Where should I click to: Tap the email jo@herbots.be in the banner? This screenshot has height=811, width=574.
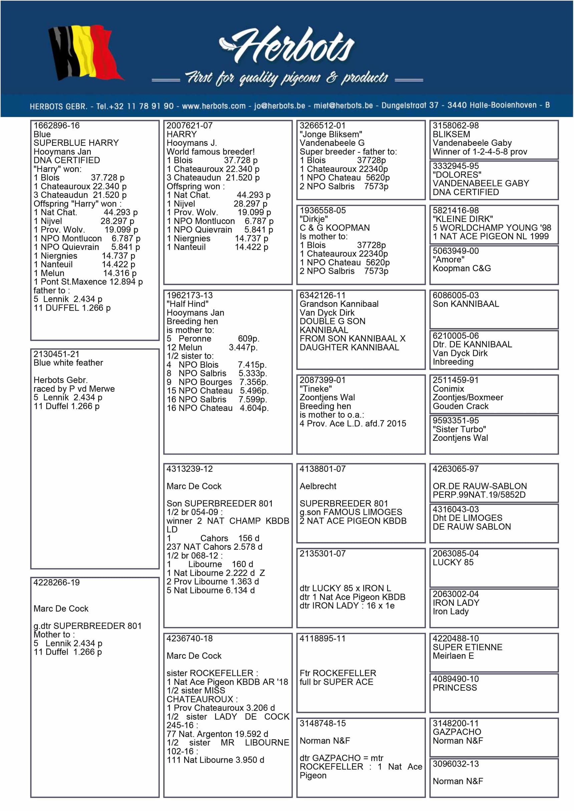coord(279,106)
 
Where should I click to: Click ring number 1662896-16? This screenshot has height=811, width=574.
coord(56,126)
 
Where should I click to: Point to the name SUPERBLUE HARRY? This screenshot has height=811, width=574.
coord(76,143)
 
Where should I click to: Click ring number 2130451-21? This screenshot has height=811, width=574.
coord(56,354)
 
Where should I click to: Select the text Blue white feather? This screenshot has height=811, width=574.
coord(68,363)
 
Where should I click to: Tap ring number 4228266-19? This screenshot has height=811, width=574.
coord(56,583)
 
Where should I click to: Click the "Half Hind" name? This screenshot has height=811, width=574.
coord(187,304)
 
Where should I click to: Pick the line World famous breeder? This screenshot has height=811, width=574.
coord(211,152)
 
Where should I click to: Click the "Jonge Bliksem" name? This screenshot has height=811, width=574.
coord(331,134)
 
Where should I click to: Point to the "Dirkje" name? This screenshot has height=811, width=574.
coord(313,220)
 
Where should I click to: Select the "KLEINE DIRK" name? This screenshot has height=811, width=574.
coord(463,220)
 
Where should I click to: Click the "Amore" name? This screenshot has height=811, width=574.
coord(449,260)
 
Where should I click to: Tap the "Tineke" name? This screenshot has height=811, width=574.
coord(316,389)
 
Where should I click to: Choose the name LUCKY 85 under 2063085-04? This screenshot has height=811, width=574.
coord(453,563)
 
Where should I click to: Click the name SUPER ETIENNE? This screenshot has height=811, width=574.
coord(467,648)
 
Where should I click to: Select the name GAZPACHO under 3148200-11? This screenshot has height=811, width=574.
coord(457,732)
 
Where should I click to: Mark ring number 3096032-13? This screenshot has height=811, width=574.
coord(456,764)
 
